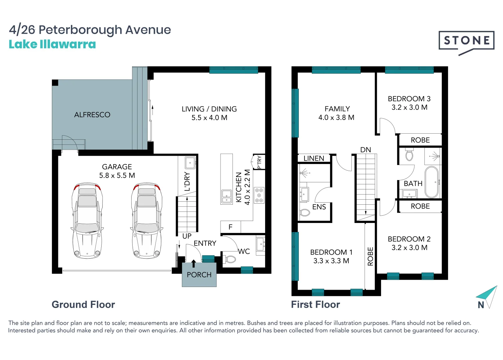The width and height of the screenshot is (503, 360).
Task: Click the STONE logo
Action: pyautogui.click(x=466, y=41)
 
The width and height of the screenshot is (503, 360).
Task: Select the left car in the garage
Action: pyautogui.click(x=87, y=221)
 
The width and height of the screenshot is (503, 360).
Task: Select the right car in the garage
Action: pyautogui.click(x=147, y=221)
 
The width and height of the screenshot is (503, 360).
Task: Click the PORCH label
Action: pyautogui.click(x=199, y=275)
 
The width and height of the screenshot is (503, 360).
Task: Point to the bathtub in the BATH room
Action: pyautogui.click(x=432, y=182)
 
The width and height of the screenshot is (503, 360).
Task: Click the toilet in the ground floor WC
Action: pyautogui.click(x=230, y=259)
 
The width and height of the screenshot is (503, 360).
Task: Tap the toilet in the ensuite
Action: pyautogui.click(x=304, y=212)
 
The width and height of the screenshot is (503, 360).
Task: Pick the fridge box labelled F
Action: pyautogui.click(x=230, y=227)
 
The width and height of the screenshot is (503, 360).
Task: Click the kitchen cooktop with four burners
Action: pyautogui.click(x=259, y=195)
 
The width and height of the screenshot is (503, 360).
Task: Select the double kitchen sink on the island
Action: pyautogui.click(x=227, y=196)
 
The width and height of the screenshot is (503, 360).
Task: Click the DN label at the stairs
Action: pyautogui.click(x=365, y=150)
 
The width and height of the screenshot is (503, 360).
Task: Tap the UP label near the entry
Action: pyautogui.click(x=187, y=236)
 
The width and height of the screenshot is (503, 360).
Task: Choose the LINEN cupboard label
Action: pyautogui.click(x=314, y=159)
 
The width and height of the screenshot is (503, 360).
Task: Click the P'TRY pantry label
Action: pyautogui.click(x=259, y=162)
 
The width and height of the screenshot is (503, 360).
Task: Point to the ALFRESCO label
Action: pyautogui.click(x=92, y=115)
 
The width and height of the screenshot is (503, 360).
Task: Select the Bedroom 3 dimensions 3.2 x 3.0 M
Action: pyautogui.click(x=409, y=108)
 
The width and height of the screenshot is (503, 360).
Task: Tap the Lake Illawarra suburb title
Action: pyautogui.click(x=52, y=44)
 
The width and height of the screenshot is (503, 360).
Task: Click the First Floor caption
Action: pyautogui.click(x=315, y=305)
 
